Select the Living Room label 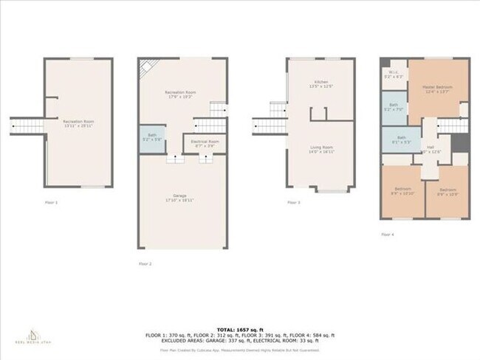point(320,149)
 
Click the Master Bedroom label point(437,89)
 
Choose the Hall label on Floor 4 point(430,150)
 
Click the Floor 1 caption point(52,202)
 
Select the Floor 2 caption point(145,263)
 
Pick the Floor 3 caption point(294,202)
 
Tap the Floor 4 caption point(388,234)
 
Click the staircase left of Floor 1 point(27,126)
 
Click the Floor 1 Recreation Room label point(78,122)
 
